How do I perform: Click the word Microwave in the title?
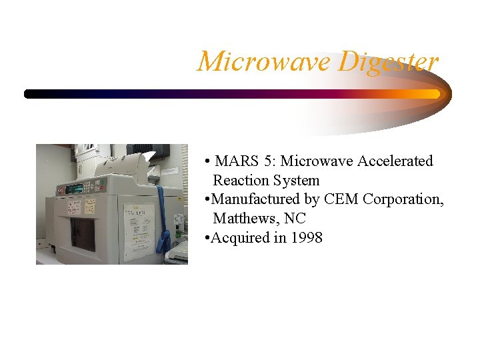point(264,61)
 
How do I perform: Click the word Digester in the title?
point(388,61)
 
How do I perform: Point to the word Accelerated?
point(395,161)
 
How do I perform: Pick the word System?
point(299,181)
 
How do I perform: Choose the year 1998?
point(307,238)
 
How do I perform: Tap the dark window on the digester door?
point(83,233)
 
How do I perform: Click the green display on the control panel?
point(74,188)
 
